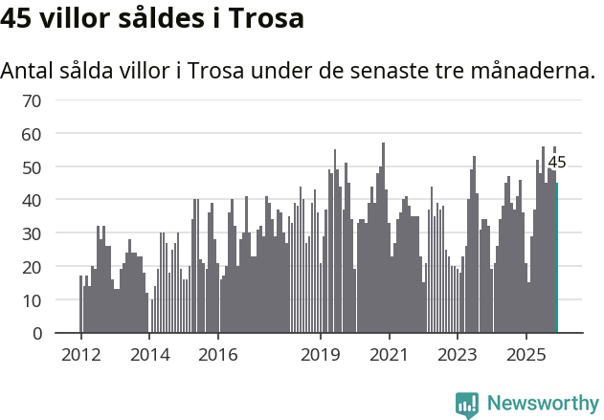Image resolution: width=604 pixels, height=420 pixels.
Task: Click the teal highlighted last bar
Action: click(x=557, y=258)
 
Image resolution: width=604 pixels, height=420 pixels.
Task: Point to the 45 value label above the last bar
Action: click(x=556, y=163)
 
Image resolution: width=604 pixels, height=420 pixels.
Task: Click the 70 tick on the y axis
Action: click(x=32, y=100)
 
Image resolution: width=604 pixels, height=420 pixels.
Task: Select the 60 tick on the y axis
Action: click(x=32, y=134)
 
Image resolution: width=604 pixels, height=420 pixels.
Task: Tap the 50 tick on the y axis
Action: click(x=32, y=167)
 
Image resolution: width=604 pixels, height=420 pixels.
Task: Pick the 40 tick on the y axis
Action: click(x=32, y=200)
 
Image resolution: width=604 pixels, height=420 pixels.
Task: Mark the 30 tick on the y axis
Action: click(x=32, y=233)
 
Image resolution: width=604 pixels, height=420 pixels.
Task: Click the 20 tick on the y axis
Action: click(x=32, y=267)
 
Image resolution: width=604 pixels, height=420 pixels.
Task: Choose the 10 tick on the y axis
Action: click(x=32, y=300)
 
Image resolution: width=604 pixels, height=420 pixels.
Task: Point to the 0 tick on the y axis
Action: click(x=36, y=333)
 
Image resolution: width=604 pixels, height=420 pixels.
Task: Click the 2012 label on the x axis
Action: click(x=80, y=355)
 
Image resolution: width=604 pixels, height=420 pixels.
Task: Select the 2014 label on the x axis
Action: click(x=149, y=355)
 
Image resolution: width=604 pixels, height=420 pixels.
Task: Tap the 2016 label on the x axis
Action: click(x=218, y=355)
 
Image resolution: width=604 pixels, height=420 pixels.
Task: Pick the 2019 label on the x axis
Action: click(x=321, y=355)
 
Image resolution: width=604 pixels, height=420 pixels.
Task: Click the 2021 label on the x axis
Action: click(x=390, y=355)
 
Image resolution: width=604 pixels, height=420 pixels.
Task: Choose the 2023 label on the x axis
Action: click(x=458, y=355)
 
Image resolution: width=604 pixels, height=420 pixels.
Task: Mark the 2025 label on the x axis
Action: click(x=526, y=355)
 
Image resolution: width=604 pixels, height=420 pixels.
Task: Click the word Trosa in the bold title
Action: click(x=268, y=18)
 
